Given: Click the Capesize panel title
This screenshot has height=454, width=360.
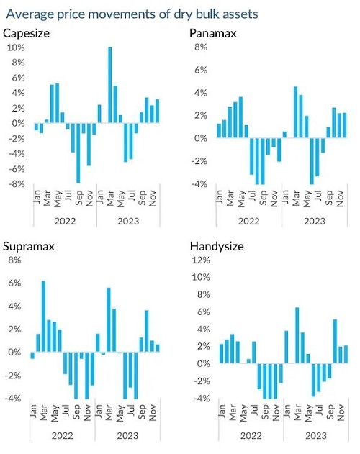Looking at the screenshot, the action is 27,33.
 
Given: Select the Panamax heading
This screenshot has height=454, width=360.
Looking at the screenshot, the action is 213,33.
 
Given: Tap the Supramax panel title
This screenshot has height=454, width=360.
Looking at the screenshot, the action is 29,247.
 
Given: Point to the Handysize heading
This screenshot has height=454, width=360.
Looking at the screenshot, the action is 217,246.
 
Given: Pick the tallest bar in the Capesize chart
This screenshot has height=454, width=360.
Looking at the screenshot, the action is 110,85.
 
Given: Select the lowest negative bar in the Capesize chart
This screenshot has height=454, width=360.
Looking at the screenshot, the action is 78,153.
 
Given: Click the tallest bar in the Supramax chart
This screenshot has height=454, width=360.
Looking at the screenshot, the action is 43,317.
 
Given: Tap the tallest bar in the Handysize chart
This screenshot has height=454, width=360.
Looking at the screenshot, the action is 297,335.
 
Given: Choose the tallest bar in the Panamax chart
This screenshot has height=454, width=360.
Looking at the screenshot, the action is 296,112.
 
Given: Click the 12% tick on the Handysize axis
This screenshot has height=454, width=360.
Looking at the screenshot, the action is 201,260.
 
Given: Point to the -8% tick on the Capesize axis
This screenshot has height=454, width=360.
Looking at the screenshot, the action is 17,184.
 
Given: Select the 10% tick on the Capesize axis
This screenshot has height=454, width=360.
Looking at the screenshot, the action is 16,47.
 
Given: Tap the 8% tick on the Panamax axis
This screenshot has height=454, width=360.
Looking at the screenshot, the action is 201,47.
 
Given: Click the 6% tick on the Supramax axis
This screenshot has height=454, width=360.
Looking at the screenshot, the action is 15,283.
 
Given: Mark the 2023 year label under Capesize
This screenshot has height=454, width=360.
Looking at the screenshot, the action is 128,222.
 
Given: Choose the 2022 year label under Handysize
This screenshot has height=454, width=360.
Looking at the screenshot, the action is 251,436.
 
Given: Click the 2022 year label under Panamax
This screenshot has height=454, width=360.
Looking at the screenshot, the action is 248,222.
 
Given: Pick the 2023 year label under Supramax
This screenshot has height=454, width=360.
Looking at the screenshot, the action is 128,436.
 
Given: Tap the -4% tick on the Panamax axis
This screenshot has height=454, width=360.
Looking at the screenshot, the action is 199,184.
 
